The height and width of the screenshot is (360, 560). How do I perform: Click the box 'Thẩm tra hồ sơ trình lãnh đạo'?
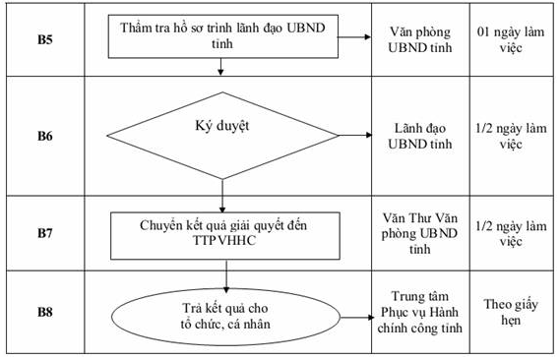click(223, 35)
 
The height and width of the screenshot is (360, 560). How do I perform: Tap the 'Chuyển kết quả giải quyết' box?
click(223, 234)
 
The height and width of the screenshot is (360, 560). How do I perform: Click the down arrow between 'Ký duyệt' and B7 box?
click(224, 201)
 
